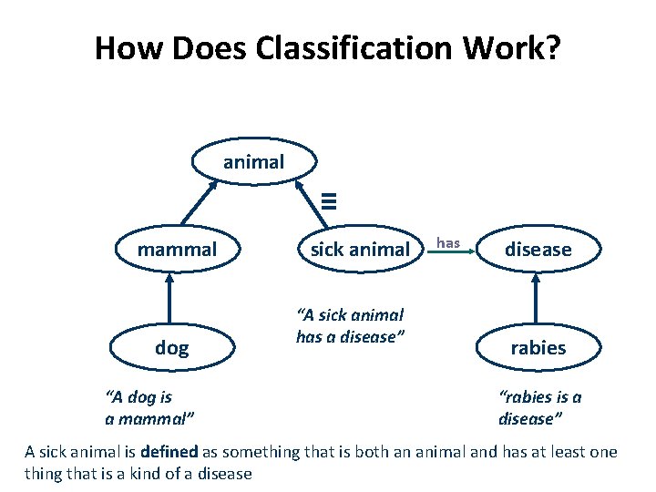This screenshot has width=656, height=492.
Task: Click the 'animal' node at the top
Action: (x=254, y=162)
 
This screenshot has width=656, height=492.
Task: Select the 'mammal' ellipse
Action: (x=177, y=250)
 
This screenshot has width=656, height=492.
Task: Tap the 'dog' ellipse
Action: (x=172, y=347)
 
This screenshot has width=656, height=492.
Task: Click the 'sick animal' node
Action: (x=360, y=250)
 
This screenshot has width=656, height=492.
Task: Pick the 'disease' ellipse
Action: (x=538, y=250)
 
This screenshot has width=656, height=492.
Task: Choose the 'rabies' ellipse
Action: (x=538, y=347)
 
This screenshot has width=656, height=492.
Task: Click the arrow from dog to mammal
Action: (x=169, y=300)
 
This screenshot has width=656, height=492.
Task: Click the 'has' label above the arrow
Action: (x=448, y=242)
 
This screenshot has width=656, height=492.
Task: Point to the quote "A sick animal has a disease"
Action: (x=350, y=325)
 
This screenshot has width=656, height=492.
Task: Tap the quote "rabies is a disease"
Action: (x=540, y=407)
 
